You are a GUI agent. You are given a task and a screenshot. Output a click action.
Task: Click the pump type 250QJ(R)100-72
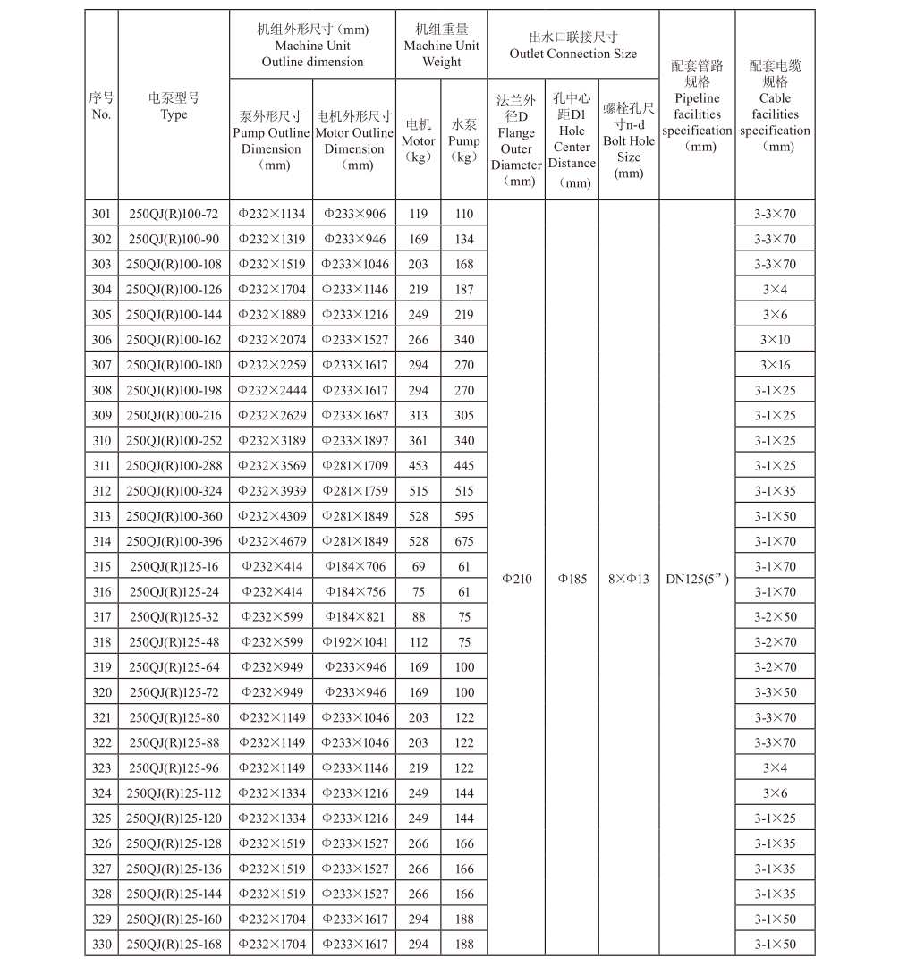pos(174,214)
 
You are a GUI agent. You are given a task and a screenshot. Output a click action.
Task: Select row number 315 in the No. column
pos(102,566)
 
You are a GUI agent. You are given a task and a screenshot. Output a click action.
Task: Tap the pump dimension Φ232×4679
pos(271,541)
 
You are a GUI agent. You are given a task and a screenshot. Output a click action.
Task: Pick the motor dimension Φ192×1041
pos(354,641)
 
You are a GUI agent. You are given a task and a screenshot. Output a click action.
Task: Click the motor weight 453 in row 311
pos(418,465)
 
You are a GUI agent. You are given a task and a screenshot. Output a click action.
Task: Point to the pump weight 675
pos(463,541)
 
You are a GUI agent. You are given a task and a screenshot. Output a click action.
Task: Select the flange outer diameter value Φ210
pos(516,579)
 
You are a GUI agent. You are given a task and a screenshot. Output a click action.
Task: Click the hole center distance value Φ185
pos(572,579)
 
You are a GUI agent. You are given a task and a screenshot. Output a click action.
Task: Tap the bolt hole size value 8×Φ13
pos(629,579)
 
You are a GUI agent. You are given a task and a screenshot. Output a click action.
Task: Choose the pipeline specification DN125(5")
pos(697,579)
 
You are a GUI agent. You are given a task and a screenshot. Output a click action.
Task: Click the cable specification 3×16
pos(775,365)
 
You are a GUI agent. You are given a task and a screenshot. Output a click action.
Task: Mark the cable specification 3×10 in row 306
pos(775,340)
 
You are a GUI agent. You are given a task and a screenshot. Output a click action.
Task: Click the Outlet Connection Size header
pos(572,46)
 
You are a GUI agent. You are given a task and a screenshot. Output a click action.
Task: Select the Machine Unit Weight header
pos(441,46)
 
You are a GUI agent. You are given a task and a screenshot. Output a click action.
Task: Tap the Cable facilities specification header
pos(775,106)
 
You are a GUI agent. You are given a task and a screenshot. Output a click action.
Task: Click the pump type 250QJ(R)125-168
pos(174,944)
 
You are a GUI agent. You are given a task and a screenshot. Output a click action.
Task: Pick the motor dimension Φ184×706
pos(354,566)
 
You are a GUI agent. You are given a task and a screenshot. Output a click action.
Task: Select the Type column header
pos(174,106)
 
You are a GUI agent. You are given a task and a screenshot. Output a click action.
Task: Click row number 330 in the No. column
pos(102,944)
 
